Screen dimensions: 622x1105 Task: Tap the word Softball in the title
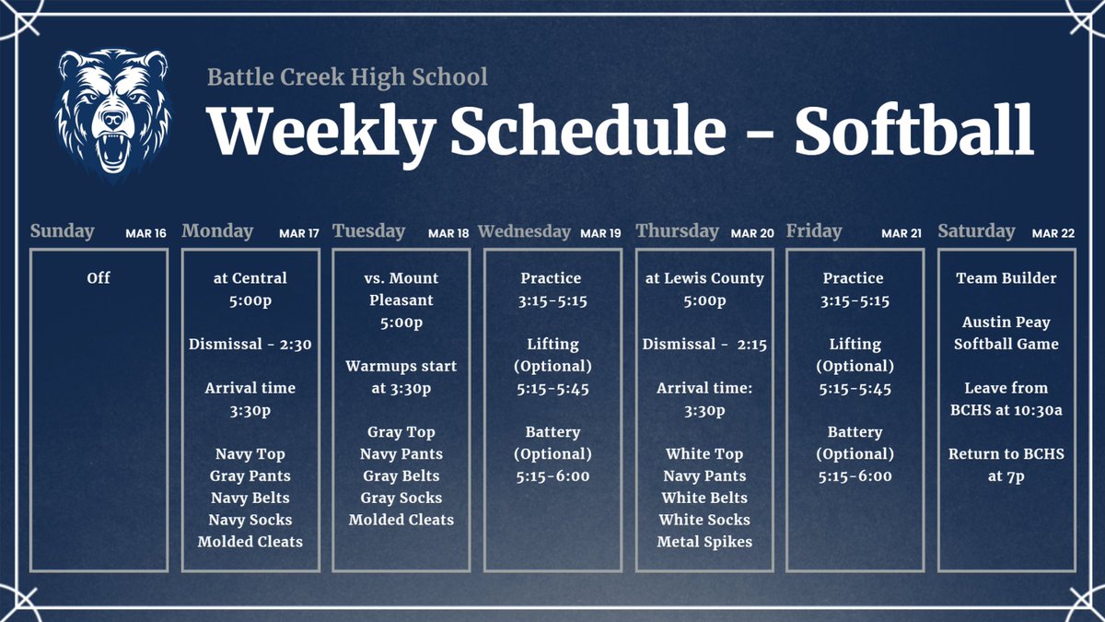pyautogui.click(x=913, y=132)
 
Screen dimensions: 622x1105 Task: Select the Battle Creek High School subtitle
pyautogui.click(x=347, y=76)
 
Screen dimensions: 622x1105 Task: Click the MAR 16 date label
pyautogui.click(x=145, y=233)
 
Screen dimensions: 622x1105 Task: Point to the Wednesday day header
pyautogui.click(x=524, y=231)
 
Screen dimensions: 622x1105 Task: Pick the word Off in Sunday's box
pyautogui.click(x=99, y=277)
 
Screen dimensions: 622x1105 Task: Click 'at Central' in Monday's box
pyautogui.click(x=250, y=277)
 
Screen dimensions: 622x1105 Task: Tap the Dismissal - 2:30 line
pyautogui.click(x=250, y=344)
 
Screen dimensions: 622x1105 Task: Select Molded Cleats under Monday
pyautogui.click(x=250, y=542)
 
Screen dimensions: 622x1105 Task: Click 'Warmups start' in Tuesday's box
pyautogui.click(x=401, y=366)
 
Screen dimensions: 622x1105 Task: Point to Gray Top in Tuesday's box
pyautogui.click(x=401, y=432)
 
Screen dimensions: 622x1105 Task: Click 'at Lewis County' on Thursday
pyautogui.click(x=704, y=277)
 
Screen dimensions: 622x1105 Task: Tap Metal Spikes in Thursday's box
pyautogui.click(x=704, y=542)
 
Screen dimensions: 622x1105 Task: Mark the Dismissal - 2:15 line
pyautogui.click(x=704, y=344)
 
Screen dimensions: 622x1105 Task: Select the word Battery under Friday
pyautogui.click(x=855, y=432)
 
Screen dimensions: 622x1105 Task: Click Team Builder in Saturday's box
pyautogui.click(x=1006, y=277)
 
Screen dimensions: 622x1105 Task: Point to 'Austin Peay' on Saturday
pyautogui.click(x=1006, y=322)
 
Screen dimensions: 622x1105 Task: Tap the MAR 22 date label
pyautogui.click(x=1053, y=233)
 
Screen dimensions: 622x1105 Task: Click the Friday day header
pyautogui.click(x=814, y=231)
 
